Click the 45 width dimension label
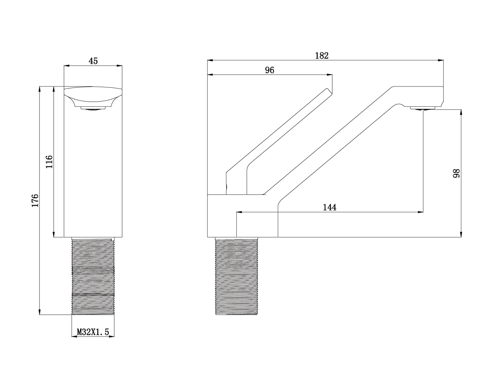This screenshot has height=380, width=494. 93,61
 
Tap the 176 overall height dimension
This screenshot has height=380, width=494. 35,201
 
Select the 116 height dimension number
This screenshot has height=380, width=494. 49,161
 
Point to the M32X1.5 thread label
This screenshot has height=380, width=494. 93,332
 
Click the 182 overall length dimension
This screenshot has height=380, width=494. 322,56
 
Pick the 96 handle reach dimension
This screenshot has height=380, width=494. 270,70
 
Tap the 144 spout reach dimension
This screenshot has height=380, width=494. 329,207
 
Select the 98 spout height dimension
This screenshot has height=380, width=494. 456,173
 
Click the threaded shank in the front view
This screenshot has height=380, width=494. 93,276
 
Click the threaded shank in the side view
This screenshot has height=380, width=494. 236,276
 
